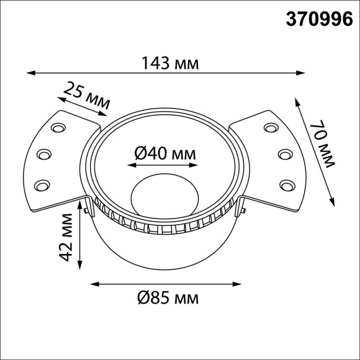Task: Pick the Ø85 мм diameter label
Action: tap(166, 299)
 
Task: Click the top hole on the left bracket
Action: tap(58, 128)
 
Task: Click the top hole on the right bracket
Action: tap(271, 128)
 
